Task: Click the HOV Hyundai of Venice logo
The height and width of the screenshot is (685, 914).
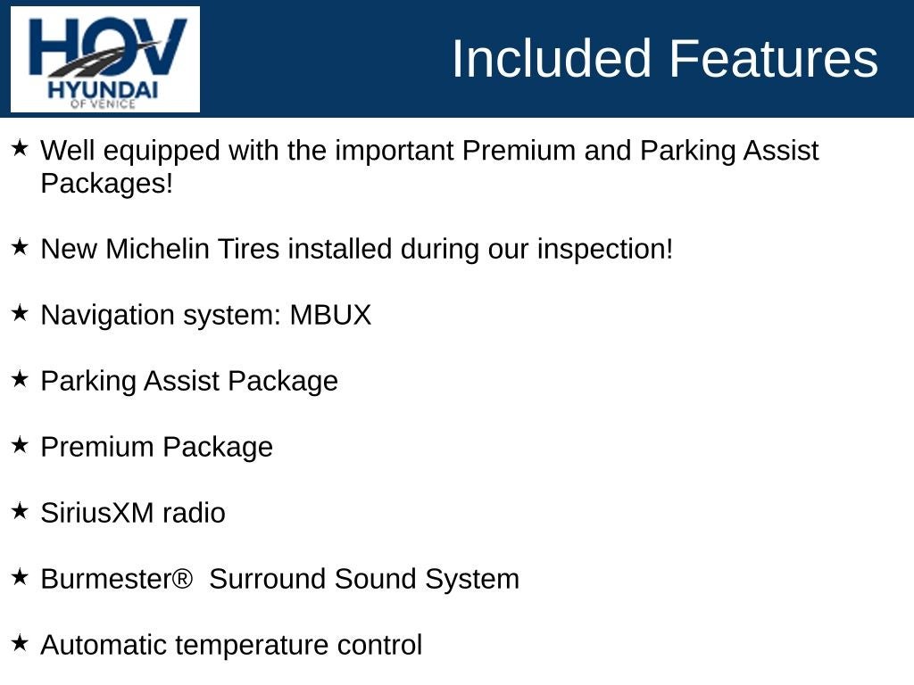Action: pyautogui.click(x=105, y=59)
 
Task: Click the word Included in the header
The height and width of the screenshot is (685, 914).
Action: pyautogui.click(x=551, y=58)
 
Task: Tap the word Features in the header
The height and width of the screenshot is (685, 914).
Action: pyautogui.click(x=773, y=58)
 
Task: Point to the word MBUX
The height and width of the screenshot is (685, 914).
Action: pyautogui.click(x=330, y=315)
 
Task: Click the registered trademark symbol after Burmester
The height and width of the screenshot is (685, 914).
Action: pyautogui.click(x=182, y=578)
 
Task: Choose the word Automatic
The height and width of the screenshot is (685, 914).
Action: pyautogui.click(x=104, y=645)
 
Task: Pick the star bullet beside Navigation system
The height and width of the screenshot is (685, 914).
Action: pyautogui.click(x=20, y=313)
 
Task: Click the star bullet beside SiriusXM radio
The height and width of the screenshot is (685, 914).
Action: pyautogui.click(x=20, y=511)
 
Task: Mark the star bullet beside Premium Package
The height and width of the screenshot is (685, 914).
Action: pyautogui.click(x=20, y=445)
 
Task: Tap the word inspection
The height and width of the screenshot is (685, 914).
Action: pyautogui.click(x=605, y=250)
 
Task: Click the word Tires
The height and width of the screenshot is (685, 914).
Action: pyautogui.click(x=249, y=249)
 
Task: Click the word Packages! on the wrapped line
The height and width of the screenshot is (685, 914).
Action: pyautogui.click(x=107, y=184)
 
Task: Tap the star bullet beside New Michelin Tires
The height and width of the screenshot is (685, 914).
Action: pyautogui.click(x=20, y=247)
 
